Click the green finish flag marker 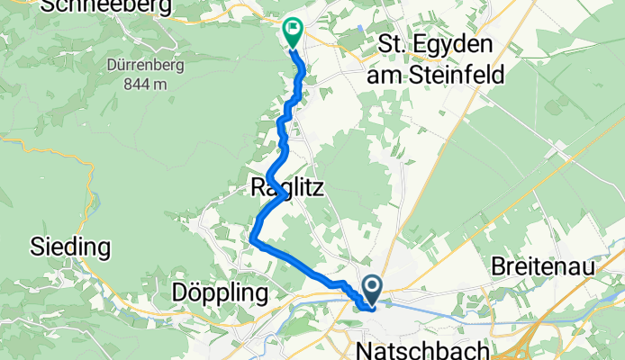[x=293, y=32]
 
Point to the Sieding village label [x=70, y=246]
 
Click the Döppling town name [x=220, y=293]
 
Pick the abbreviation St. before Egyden [x=396, y=45]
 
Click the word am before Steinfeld [x=385, y=76]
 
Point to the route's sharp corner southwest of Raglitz [x=253, y=240]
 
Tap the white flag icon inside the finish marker [x=293, y=30]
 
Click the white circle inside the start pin [x=372, y=287]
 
